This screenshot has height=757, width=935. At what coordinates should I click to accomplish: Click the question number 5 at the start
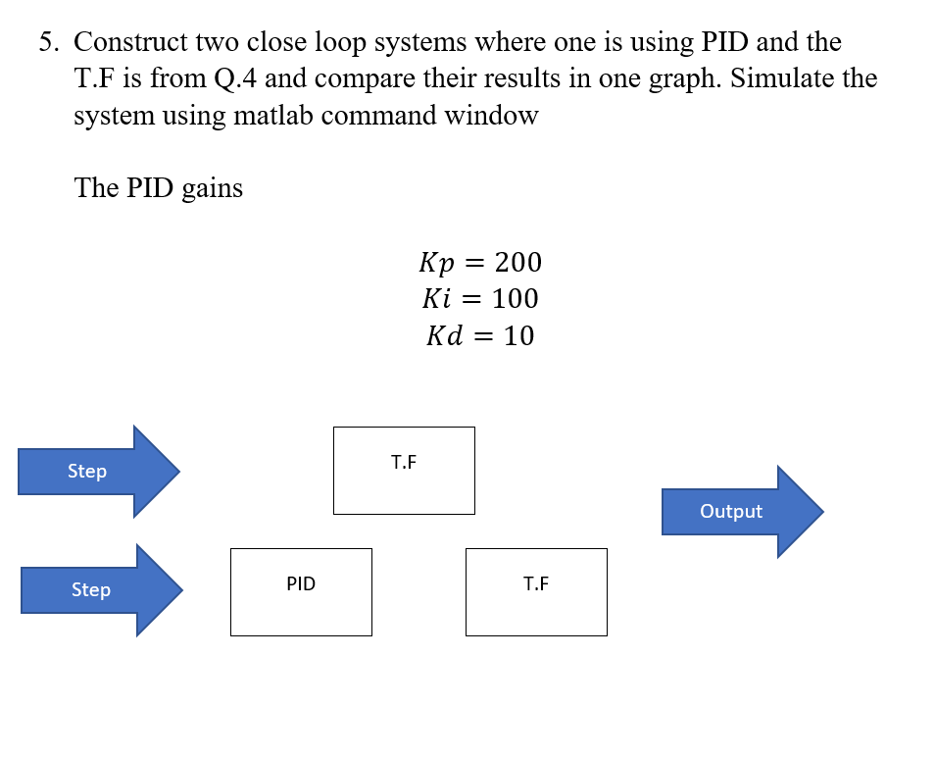coord(46,42)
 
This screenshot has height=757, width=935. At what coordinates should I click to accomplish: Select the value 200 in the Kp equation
coord(517,262)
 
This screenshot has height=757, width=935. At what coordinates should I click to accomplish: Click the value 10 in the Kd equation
coord(518,335)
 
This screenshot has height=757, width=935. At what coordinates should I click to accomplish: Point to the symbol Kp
coord(437,262)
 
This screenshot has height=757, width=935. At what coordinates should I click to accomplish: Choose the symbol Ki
coord(438,298)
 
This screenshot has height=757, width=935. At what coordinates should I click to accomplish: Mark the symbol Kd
coord(443,335)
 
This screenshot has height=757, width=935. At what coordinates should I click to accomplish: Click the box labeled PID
coord(301,591)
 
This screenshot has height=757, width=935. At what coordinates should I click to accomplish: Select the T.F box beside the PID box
coord(536,591)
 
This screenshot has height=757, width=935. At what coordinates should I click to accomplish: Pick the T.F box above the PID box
coord(404,470)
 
